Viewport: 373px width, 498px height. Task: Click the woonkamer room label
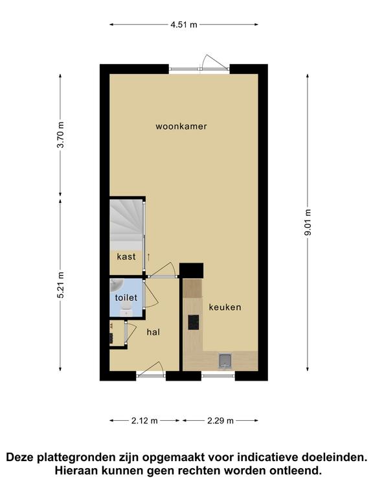coord(181,126)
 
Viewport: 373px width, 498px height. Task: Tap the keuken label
coord(225,307)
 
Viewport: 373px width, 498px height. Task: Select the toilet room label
coord(126,298)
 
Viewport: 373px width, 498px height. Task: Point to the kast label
coord(126,256)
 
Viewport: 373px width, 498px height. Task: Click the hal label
coord(153,332)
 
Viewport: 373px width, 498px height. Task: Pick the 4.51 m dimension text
coord(184,25)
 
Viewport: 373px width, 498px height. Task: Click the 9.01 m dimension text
coord(308,222)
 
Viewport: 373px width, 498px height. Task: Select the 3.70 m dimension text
coord(60,135)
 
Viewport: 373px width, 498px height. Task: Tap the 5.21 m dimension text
coord(60,285)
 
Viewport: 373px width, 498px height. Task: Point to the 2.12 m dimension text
coord(144,420)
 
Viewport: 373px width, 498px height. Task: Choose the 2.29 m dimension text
coord(220,420)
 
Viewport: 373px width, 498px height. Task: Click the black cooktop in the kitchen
coord(194,322)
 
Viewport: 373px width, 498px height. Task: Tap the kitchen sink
coord(225,361)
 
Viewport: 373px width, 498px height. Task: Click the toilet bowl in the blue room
coord(126,308)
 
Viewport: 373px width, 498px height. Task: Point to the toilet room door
coord(150,296)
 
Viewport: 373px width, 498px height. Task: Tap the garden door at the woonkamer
coord(213,62)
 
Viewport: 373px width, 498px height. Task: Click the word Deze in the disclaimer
coord(21,457)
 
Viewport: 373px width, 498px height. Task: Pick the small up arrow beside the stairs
coord(148,257)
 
